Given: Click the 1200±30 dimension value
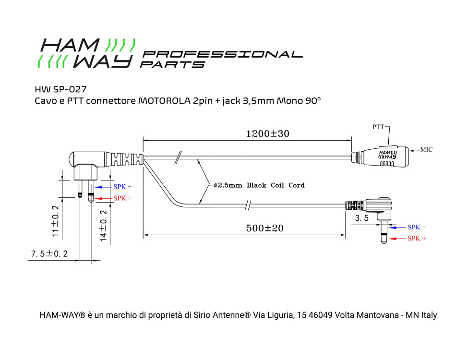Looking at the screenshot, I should click(267, 134).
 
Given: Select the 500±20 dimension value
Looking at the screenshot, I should click(264, 228).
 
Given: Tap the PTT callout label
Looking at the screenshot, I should click(378, 127).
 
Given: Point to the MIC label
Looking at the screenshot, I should click(426, 150).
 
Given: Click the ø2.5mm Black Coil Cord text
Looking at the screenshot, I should click(259, 185).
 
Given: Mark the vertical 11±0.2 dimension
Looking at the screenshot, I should click(56, 221).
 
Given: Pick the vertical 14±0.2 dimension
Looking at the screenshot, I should click(104, 225).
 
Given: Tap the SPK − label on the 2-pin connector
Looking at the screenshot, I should click(122, 187).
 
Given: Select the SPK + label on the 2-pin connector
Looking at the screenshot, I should click(122, 198).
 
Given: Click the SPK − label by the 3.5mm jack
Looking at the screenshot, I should click(417, 228).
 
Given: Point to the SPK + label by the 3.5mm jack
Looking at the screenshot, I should click(417, 239).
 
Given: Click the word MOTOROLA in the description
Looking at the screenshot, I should click(164, 101).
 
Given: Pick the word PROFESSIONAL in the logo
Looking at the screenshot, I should click(223, 54).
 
